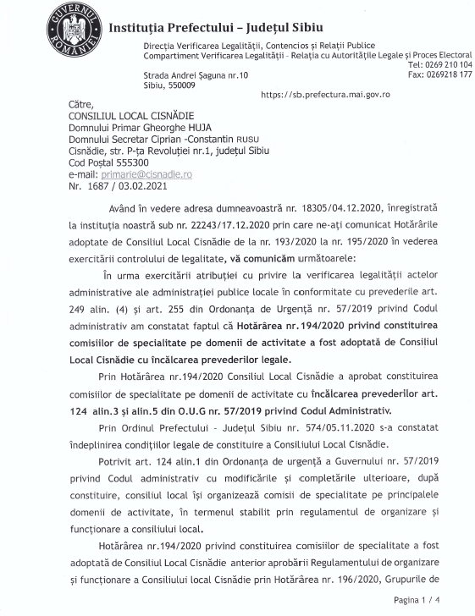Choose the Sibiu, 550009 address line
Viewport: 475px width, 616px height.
pyautogui.click(x=169, y=85)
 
